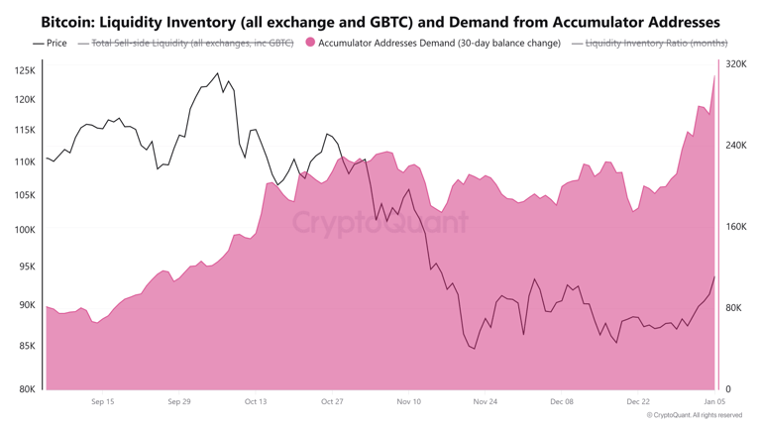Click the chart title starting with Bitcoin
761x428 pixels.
[x=380, y=21]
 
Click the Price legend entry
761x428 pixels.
[x=51, y=43]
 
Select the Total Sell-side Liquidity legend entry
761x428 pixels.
[x=193, y=43]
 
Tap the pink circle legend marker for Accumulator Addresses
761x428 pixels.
[x=310, y=43]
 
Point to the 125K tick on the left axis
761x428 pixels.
[x=25, y=71]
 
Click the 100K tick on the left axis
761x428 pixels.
[x=25, y=230]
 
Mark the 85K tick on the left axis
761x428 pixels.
[x=25, y=346]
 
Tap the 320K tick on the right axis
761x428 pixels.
[x=735, y=64]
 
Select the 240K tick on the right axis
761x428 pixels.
[x=735, y=146]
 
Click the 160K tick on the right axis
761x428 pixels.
[x=735, y=227]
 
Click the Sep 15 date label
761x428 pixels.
[x=102, y=402]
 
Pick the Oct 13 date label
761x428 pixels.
[x=255, y=402]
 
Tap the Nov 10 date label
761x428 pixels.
[x=408, y=402]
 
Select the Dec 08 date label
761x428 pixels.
[x=561, y=402]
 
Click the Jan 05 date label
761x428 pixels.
[x=713, y=402]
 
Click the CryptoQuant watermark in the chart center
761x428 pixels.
[x=380, y=222]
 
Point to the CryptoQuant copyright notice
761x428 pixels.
[x=702, y=416]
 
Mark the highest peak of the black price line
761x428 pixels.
[x=218, y=73]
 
